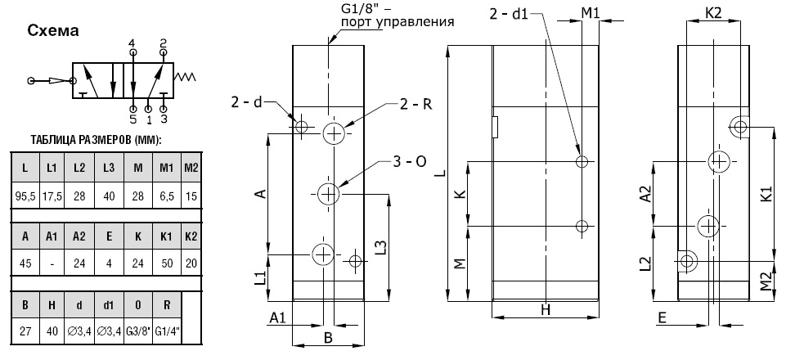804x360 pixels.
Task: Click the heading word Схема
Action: tap(53, 31)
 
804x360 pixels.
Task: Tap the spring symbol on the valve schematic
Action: tap(185, 77)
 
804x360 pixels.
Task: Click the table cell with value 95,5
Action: tap(25, 196)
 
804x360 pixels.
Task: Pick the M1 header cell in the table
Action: tap(167, 169)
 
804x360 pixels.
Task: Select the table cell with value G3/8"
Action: tap(138, 331)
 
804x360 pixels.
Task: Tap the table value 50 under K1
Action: tap(167, 263)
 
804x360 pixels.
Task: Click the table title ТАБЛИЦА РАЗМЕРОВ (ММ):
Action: tap(96, 140)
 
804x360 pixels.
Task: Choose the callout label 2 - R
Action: tap(415, 105)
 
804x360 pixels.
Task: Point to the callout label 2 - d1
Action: tap(508, 14)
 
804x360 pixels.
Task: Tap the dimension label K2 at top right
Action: tap(713, 13)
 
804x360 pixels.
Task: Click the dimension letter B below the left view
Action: tap(329, 338)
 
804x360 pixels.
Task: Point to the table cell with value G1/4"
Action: tap(168, 331)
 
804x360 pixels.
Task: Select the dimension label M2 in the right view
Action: tap(766, 281)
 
